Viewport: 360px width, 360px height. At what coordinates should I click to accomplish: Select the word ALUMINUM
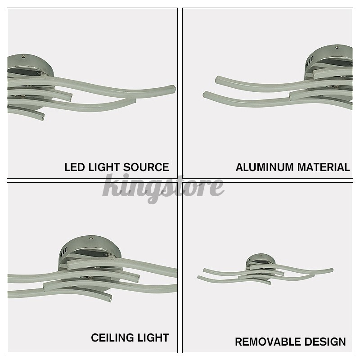pos(264,167)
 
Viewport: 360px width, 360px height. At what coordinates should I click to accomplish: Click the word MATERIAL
pos(323,167)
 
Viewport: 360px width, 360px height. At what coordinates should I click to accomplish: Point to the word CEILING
pos(112,337)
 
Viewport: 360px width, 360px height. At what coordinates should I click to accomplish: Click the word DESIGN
pos(325,342)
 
